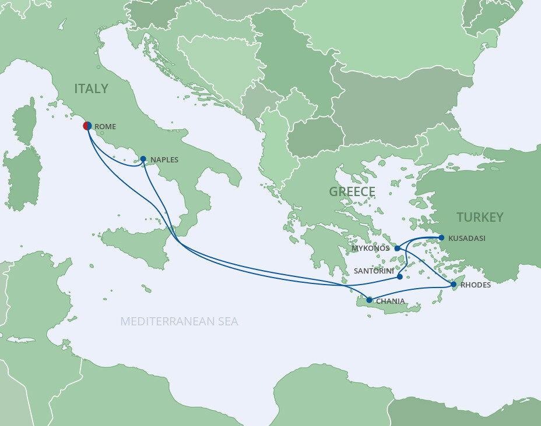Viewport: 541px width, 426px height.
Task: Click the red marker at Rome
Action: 87,125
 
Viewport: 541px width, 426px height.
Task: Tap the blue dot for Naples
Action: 143,158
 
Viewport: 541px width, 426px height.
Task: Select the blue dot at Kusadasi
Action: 441,237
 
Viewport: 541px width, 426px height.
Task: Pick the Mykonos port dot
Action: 397,248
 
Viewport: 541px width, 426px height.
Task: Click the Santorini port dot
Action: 400,276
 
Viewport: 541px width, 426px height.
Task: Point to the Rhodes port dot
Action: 454,285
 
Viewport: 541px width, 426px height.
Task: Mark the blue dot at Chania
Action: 369,300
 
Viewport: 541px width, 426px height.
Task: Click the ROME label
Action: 105,126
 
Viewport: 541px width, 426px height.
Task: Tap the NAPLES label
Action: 164,159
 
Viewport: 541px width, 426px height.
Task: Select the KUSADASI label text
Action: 467,238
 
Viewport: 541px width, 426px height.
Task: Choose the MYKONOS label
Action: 371,248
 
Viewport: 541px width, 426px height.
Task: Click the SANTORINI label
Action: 374,271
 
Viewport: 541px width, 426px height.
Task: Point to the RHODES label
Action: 476,285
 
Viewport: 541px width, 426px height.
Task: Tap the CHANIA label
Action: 390,301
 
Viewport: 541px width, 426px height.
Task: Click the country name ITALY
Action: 91,88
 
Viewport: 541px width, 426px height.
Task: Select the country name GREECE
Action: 352,191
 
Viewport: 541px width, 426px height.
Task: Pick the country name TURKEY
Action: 480,217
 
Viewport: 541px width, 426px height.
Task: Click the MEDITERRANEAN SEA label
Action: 179,321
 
